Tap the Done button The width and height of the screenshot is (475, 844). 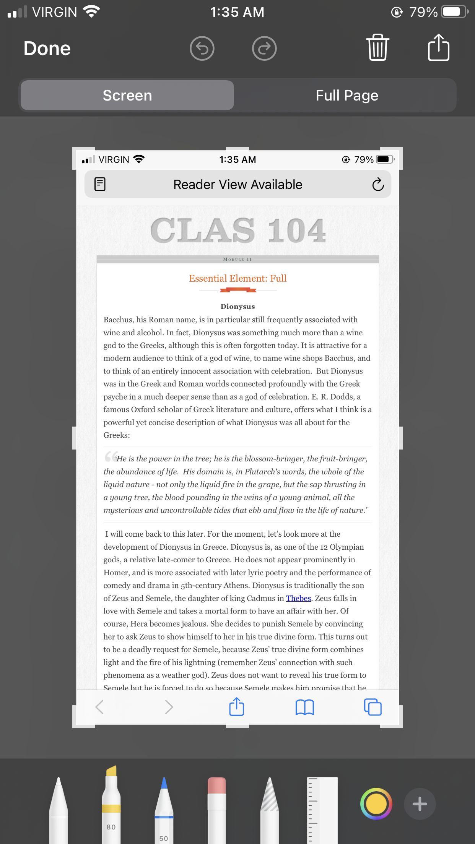pos(47,49)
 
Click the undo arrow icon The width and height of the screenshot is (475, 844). pos(202,49)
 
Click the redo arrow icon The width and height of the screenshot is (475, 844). pos(264,49)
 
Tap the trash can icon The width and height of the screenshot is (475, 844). pos(377,48)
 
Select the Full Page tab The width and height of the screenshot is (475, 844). pos(346,96)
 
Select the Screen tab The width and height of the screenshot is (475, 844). pos(127,96)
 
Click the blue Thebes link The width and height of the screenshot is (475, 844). pos(298,598)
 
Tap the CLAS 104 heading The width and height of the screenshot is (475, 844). pos(238,230)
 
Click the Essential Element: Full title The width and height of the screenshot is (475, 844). pos(237,278)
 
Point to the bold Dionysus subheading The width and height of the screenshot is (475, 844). pos(237,307)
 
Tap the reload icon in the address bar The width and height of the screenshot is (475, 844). pos(378,185)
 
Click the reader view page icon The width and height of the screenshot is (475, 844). pos(100,184)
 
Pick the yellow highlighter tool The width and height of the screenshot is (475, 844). pos(111,803)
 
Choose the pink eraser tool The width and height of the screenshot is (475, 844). pos(217,803)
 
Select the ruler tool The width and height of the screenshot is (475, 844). pos(322,807)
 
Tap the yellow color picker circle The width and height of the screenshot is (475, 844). pos(376,804)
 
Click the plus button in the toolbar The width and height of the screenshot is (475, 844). pos(420,804)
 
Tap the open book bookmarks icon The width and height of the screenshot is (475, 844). pos(304,707)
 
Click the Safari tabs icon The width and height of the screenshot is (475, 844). pos(373,707)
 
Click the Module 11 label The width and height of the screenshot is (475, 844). pos(237,260)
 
